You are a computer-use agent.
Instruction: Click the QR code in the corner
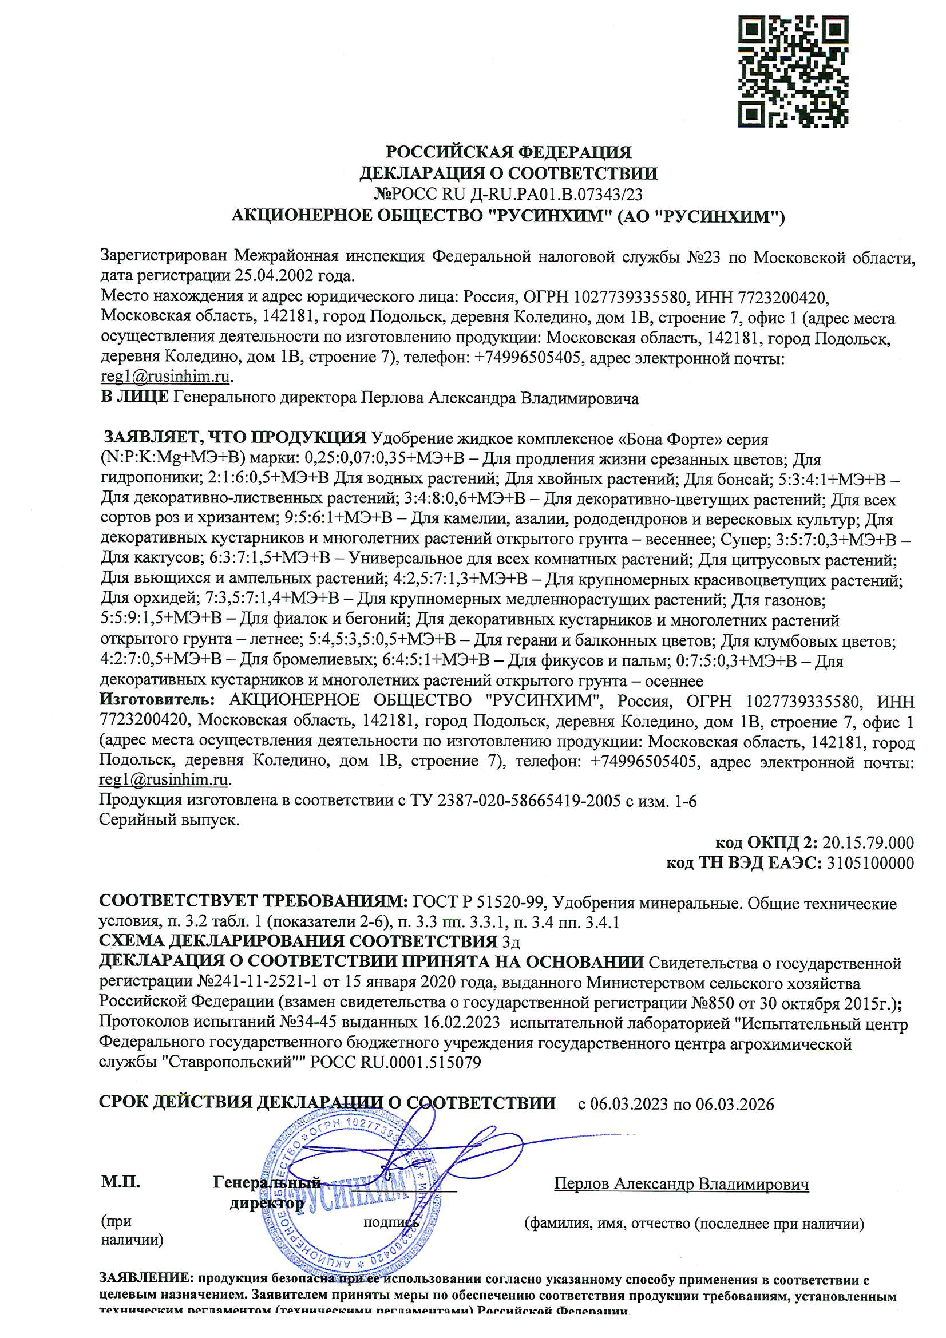pyautogui.click(x=793, y=71)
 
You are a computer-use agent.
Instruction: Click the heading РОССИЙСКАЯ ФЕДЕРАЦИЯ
pyautogui.click(x=508, y=152)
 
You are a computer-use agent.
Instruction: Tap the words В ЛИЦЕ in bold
pyautogui.click(x=134, y=398)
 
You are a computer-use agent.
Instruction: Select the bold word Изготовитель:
pyautogui.click(x=157, y=700)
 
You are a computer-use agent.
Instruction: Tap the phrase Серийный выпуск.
pyautogui.click(x=169, y=820)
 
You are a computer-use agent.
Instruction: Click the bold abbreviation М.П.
pyautogui.click(x=121, y=1182)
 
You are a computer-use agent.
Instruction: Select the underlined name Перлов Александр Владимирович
pyautogui.click(x=681, y=1183)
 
